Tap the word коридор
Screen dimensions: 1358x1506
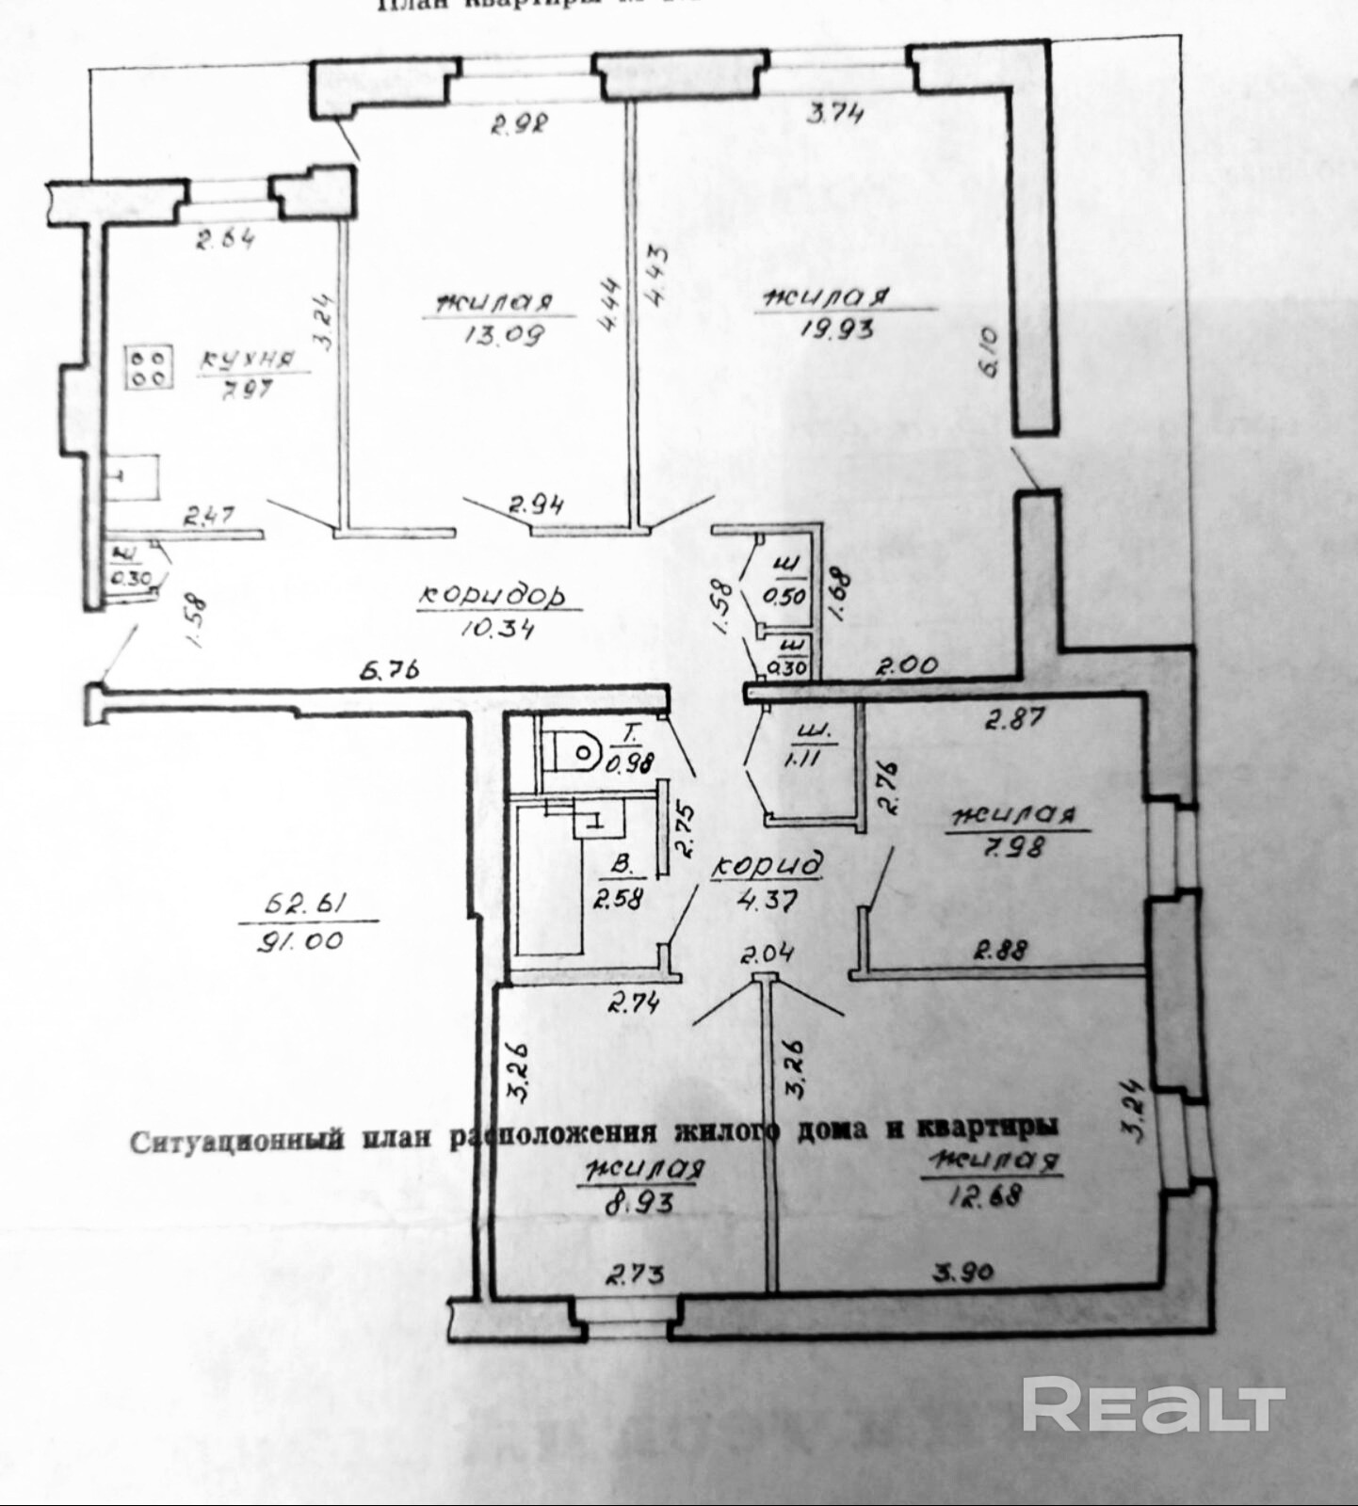pyautogui.click(x=493, y=595)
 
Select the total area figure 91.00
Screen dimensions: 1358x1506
pyautogui.click(x=298, y=940)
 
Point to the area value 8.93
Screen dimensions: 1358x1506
pyautogui.click(x=640, y=1204)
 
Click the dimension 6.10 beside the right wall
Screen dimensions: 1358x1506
pyautogui.click(x=990, y=351)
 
